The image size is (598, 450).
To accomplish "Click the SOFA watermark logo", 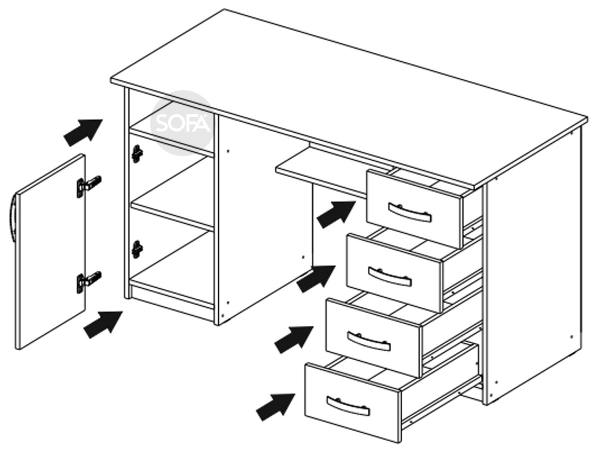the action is (x=182, y=123).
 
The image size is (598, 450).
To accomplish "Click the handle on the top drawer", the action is (x=410, y=213).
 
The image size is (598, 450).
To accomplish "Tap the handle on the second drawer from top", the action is (x=390, y=276).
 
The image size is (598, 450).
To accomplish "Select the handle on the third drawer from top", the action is (x=369, y=341).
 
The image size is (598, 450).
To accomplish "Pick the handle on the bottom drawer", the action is (x=348, y=407).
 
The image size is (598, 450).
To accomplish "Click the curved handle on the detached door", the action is (x=12, y=218).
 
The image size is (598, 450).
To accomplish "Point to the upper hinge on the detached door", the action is (x=89, y=187).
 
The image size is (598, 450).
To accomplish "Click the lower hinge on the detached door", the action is (x=89, y=282).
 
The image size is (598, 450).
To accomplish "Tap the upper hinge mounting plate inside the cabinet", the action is (x=137, y=154).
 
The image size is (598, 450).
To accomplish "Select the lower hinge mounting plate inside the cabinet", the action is (x=137, y=249).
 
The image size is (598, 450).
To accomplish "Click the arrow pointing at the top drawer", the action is (x=336, y=215).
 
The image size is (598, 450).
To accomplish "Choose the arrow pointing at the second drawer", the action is (x=316, y=279).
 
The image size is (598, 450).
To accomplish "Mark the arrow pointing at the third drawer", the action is (x=294, y=340).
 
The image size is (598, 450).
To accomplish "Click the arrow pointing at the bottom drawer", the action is (x=276, y=407).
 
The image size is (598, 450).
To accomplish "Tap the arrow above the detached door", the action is (x=83, y=133).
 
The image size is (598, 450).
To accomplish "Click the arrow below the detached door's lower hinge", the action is (x=103, y=325).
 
